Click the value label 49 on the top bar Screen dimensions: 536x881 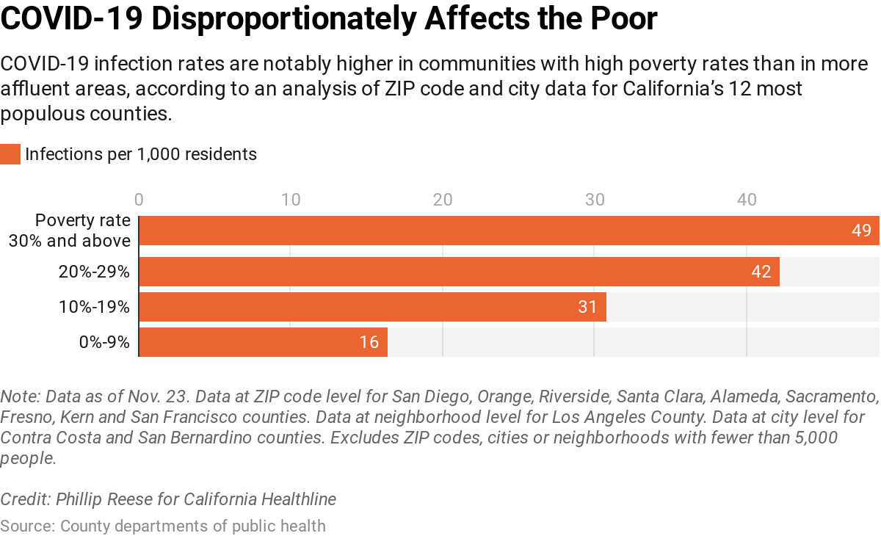(x=861, y=231)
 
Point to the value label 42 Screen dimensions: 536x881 (x=761, y=272)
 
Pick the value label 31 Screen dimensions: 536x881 (x=587, y=307)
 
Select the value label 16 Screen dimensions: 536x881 (x=369, y=342)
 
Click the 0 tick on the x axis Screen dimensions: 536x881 (x=139, y=199)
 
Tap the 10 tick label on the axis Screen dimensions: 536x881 (x=291, y=199)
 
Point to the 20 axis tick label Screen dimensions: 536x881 (x=443, y=199)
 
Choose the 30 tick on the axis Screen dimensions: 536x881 (x=595, y=199)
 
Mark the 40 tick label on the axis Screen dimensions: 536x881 (x=747, y=199)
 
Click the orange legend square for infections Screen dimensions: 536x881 (x=10, y=154)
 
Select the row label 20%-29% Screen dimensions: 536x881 (x=94, y=272)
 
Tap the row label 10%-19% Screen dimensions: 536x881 (x=94, y=307)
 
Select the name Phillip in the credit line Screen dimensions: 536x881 (x=81, y=499)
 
